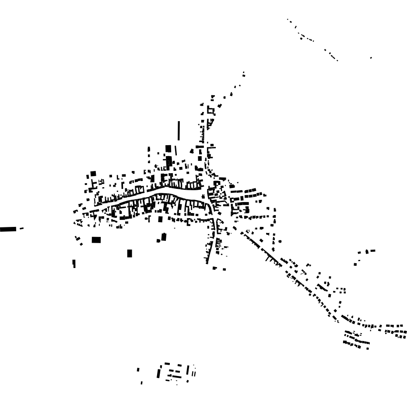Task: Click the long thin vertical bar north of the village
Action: [179, 130]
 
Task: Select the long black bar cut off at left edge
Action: [8, 229]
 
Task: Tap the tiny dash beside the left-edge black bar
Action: [21, 228]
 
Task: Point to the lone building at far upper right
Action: [371, 58]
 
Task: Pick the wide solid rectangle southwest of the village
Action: [96, 240]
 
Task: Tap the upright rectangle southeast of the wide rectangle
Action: [130, 253]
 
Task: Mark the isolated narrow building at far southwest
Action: [74, 263]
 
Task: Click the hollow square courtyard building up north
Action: [211, 110]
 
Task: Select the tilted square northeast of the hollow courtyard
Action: [220, 105]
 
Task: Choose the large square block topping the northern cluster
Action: [168, 149]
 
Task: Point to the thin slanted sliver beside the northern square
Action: [176, 150]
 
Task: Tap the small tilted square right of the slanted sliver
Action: [192, 151]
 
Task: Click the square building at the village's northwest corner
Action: [93, 174]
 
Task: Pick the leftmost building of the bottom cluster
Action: [138, 370]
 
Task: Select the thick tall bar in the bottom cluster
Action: [159, 373]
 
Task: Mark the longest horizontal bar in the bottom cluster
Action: [175, 375]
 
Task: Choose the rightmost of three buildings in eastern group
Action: [373, 251]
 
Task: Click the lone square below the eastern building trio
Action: [355, 264]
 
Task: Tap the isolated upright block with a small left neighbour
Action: [164, 237]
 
